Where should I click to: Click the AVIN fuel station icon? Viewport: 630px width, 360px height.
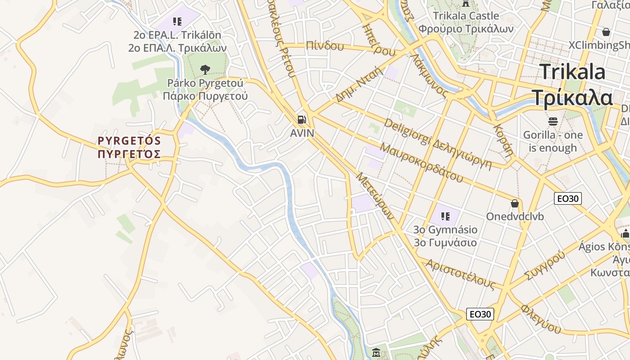click(301, 120)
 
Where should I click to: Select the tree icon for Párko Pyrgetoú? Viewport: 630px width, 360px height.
click(205, 70)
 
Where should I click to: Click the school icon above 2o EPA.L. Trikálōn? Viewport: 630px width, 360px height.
click(177, 21)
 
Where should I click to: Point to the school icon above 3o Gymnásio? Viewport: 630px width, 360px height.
click(445, 216)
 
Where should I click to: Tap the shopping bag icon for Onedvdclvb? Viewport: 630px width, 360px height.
click(515, 204)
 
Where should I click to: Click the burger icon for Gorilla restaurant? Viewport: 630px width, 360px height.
click(553, 121)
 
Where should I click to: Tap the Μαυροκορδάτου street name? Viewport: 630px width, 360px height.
click(421, 162)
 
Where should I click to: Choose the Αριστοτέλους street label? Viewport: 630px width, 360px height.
click(460, 274)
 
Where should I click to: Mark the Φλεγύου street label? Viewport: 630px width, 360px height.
click(541, 319)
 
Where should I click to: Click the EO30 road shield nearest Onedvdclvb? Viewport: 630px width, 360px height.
click(567, 198)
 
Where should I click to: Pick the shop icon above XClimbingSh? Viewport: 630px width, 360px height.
click(606, 32)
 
